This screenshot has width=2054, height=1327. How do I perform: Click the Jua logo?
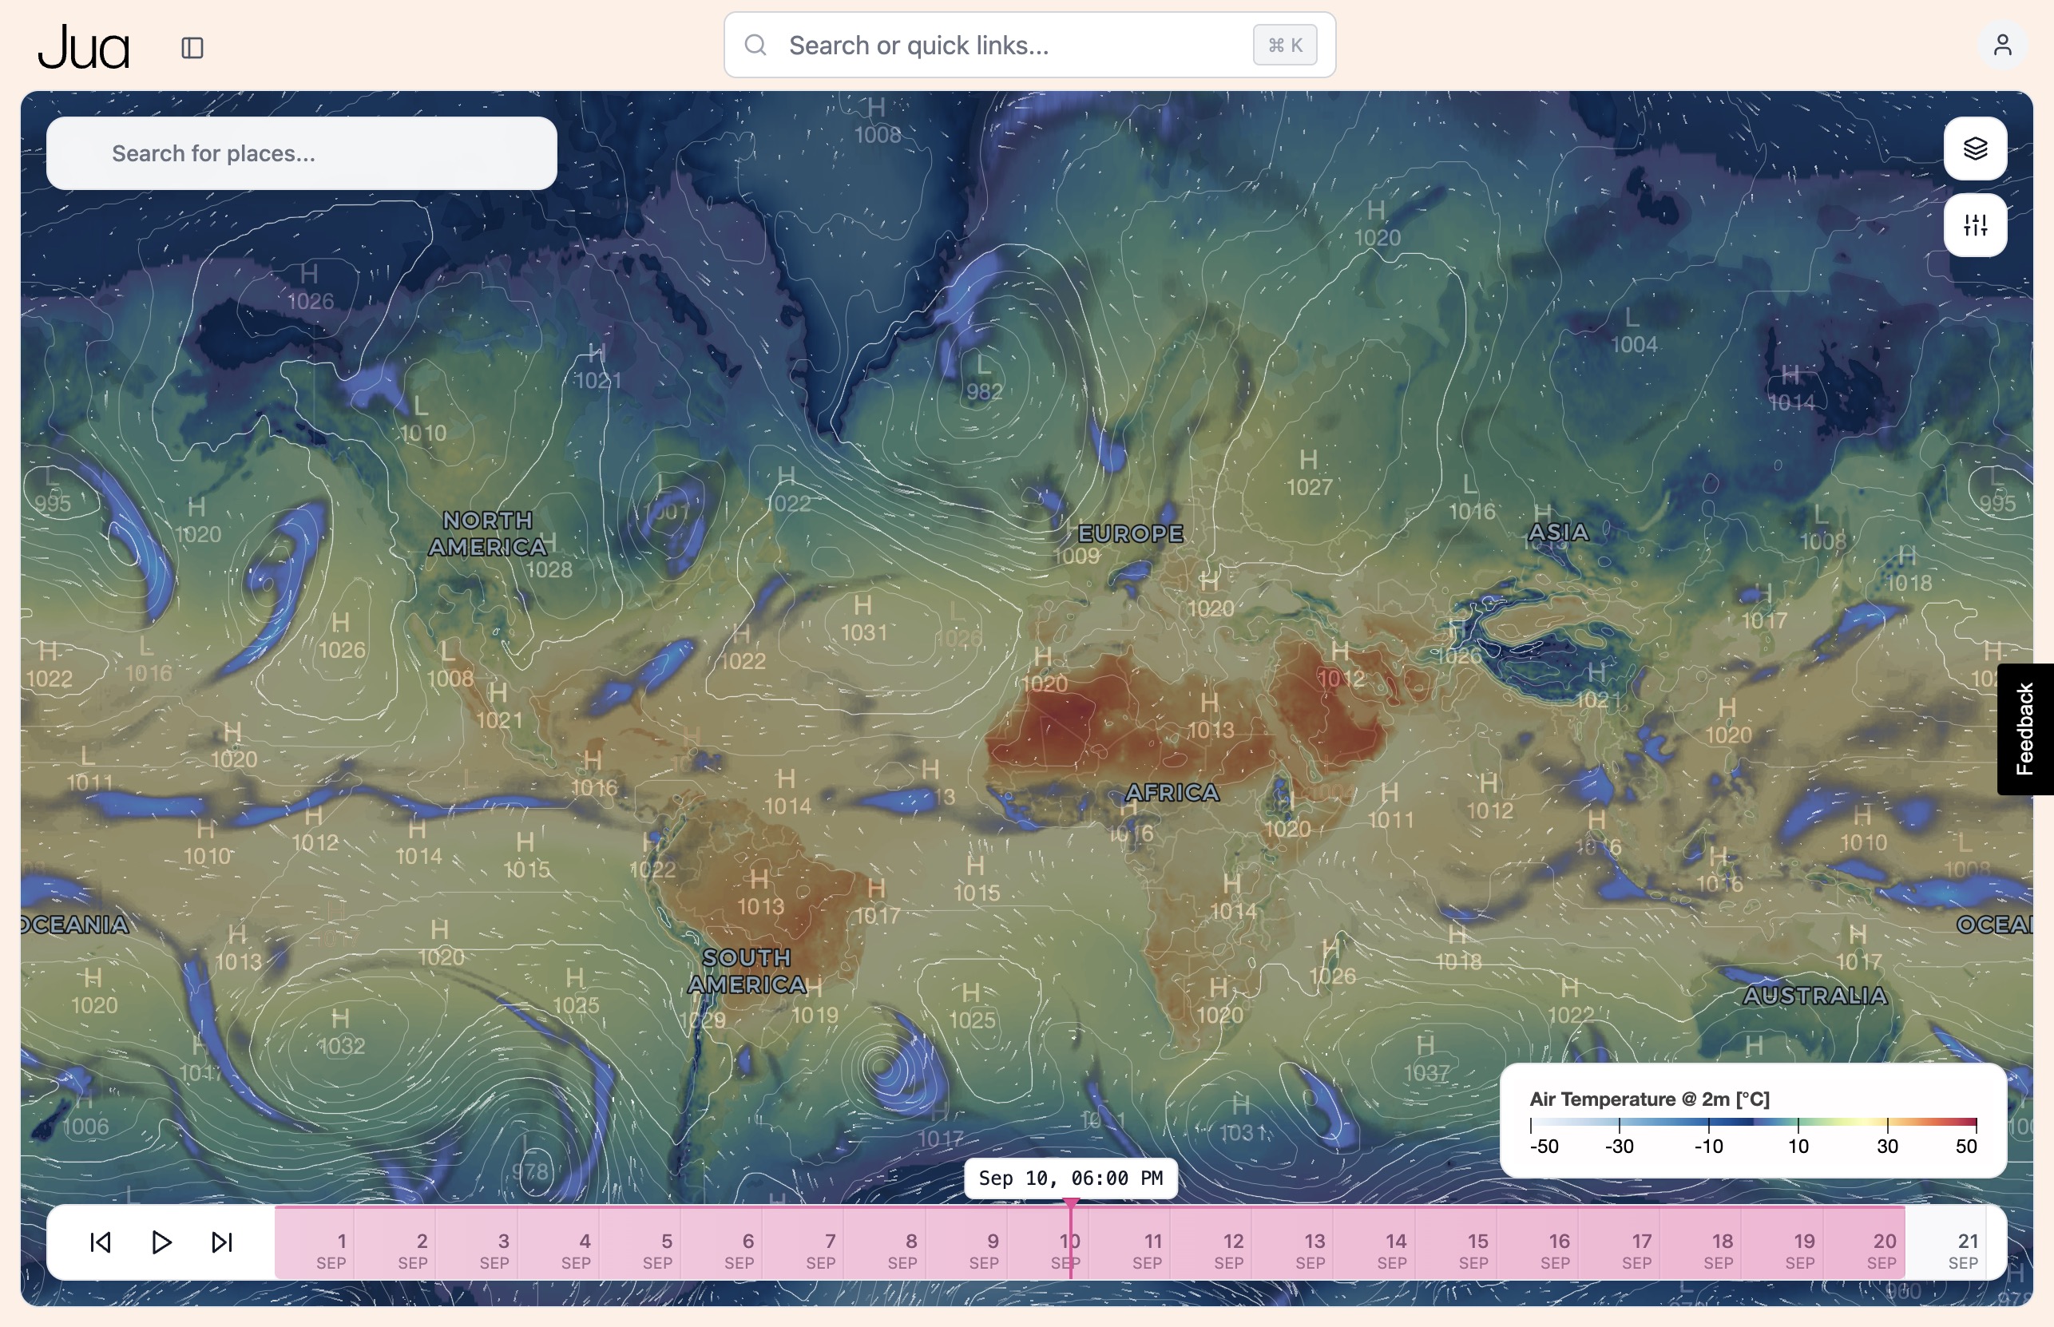(84, 47)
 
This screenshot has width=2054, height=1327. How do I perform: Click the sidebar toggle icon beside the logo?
(192, 47)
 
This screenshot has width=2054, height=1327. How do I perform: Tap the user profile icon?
(2001, 45)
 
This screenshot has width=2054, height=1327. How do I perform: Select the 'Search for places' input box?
(302, 153)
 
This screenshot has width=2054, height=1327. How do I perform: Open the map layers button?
(1975, 149)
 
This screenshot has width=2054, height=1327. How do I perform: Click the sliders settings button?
(1975, 226)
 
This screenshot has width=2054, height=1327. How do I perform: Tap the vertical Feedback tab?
(2024, 729)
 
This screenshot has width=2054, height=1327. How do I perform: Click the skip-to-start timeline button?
(101, 1242)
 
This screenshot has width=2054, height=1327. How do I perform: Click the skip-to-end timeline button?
(222, 1242)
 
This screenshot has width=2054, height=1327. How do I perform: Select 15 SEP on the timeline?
(1474, 1250)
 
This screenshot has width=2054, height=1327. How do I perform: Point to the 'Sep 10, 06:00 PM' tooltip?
(1069, 1178)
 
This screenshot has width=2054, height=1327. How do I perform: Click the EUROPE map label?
(1130, 533)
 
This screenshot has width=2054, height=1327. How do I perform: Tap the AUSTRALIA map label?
(1814, 996)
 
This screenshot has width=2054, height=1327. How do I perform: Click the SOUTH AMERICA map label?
(747, 971)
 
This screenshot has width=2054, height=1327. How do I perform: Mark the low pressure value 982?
(983, 392)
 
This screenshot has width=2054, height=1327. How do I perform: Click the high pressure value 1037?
(1426, 1073)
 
